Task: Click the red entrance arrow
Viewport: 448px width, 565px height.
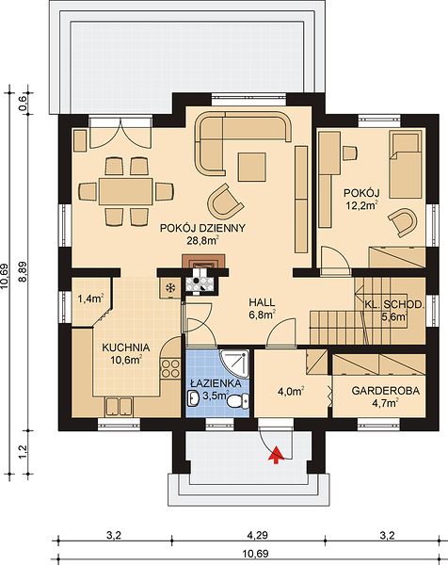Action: click(276, 455)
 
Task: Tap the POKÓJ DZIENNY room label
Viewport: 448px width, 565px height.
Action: click(202, 228)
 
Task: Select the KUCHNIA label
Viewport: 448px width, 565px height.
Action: click(126, 347)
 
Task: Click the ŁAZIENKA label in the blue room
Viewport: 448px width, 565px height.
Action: click(216, 383)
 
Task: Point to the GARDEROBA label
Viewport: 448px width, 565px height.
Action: click(386, 391)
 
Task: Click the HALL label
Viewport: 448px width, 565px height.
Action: click(262, 302)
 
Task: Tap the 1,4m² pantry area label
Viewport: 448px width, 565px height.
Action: click(90, 299)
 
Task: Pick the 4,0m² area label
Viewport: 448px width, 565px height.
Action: click(291, 392)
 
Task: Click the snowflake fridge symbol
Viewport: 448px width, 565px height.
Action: click(169, 288)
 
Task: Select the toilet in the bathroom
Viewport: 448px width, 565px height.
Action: click(239, 401)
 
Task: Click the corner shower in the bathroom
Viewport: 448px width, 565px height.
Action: click(234, 363)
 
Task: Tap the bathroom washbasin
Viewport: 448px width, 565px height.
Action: click(193, 397)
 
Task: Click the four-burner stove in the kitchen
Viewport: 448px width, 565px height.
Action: click(170, 368)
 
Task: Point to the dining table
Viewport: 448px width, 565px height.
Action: click(126, 191)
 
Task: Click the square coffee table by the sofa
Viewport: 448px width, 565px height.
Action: click(251, 168)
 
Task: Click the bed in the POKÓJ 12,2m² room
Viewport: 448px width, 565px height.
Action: click(405, 165)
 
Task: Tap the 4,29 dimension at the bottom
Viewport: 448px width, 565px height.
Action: click(257, 536)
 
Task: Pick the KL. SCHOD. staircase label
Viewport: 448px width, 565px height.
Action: click(393, 304)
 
